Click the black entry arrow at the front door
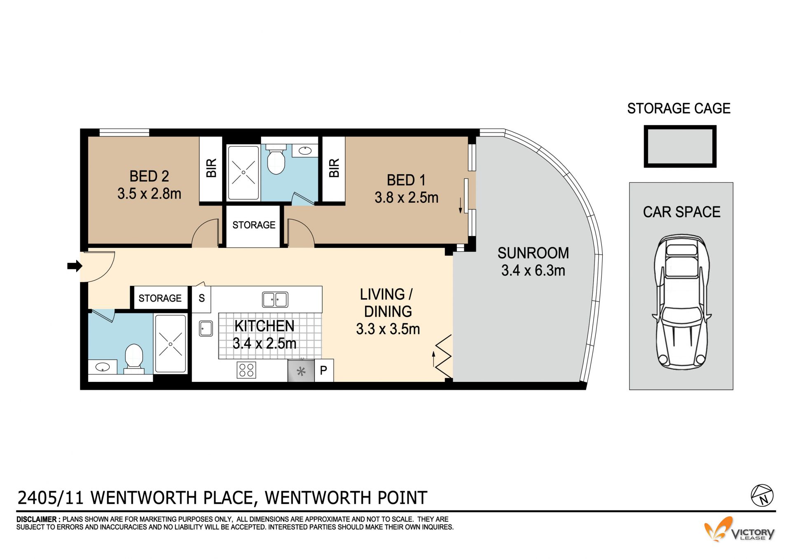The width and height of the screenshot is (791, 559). coord(75,266)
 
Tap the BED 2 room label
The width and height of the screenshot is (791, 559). coord(149,176)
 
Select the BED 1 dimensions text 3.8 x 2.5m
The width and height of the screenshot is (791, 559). coord(406,198)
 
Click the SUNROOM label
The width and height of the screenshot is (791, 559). coord(533,253)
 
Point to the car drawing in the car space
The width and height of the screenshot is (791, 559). coord(681,302)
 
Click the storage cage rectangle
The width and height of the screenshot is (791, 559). coord(680,146)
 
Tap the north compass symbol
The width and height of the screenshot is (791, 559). coord(762,496)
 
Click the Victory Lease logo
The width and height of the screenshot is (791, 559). coord(739,529)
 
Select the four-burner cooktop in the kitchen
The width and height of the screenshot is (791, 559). coord(246,370)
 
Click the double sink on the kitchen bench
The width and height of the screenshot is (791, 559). coord(275,299)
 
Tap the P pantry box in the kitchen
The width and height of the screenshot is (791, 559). coord(324,370)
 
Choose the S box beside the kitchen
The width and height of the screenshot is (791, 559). coord(201,298)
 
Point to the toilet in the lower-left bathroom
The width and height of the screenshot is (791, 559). coord(133,358)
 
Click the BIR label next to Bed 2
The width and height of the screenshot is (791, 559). coord(211,168)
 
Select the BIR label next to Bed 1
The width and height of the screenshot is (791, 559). coord(334,168)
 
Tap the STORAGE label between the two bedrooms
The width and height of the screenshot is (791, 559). coord(254,225)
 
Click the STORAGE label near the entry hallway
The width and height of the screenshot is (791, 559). coord(160,298)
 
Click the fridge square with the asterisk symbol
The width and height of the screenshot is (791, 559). coord(301,371)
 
